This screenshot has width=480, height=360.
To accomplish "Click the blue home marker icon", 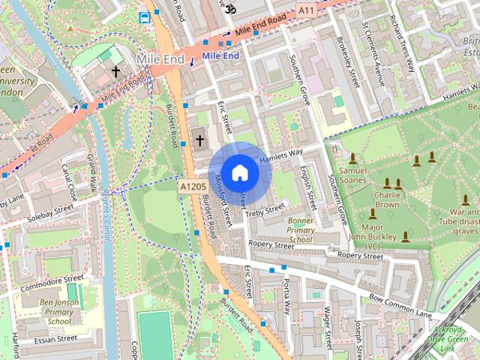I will click(x=239, y=172).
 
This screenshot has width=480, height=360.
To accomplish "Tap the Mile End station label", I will click(x=220, y=55).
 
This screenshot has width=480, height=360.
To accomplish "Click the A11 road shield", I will click(x=305, y=10).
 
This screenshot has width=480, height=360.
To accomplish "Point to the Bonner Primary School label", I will click(x=300, y=230).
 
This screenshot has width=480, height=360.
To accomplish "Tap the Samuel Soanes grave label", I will click(x=352, y=175).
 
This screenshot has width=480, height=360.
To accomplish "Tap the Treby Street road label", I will click(x=266, y=211).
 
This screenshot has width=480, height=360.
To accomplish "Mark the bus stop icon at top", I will click(x=144, y=16).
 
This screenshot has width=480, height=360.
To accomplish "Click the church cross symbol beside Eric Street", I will click(x=200, y=139).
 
